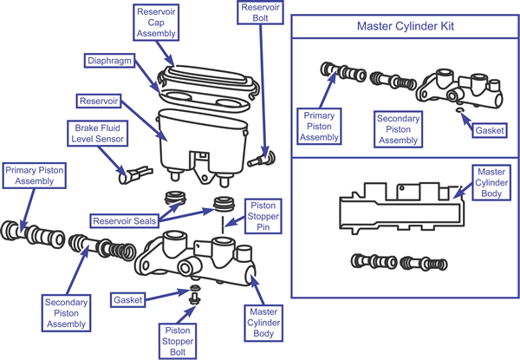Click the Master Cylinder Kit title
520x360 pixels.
click(406, 25)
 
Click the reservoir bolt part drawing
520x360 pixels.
click(259, 158)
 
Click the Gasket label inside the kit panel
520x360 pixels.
click(489, 130)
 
